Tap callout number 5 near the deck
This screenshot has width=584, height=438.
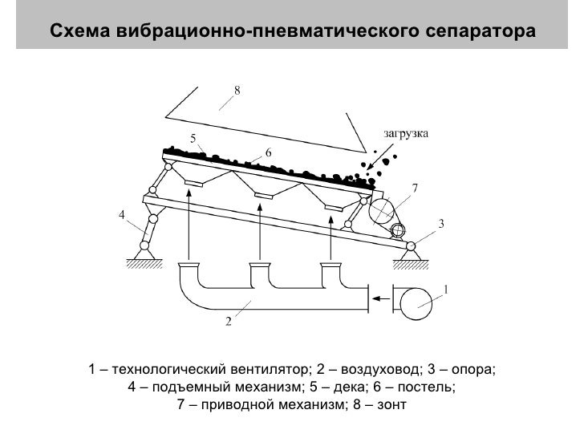(193, 138)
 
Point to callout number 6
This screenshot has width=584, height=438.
(268, 152)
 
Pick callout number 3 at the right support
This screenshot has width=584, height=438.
(440, 224)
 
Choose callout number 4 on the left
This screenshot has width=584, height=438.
(121, 216)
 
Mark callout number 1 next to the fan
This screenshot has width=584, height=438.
(446, 289)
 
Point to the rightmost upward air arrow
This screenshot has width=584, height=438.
(330, 233)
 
